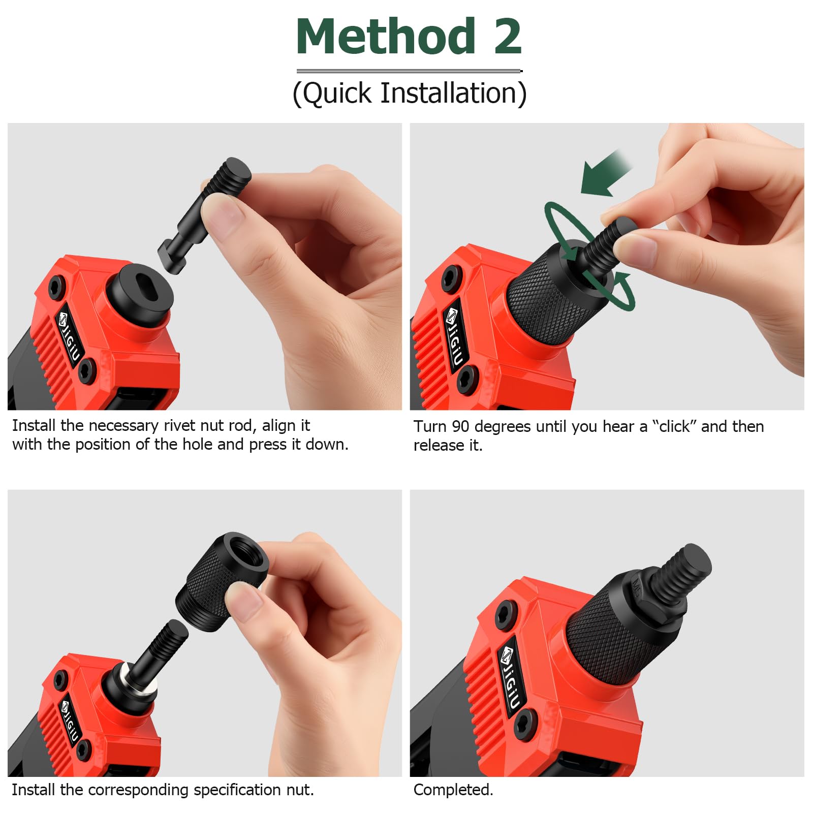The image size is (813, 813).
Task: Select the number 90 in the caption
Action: point(461,426)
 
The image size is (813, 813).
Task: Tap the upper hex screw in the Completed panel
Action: point(506,612)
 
